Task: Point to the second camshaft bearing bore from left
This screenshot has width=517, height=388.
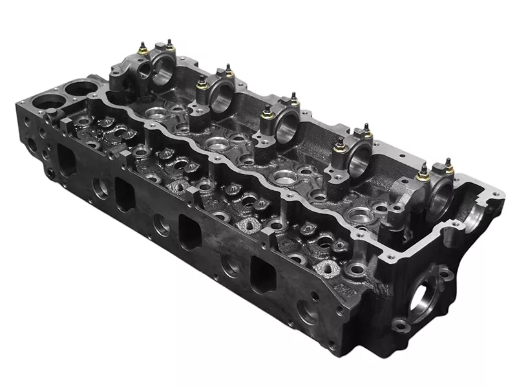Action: coord(222,96)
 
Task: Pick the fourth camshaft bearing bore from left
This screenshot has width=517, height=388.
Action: coord(359,159)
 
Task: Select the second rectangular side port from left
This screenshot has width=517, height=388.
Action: coord(125,193)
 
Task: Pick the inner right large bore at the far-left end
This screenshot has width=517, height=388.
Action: coord(80,88)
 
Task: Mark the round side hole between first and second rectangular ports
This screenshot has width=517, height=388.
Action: coord(100,188)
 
